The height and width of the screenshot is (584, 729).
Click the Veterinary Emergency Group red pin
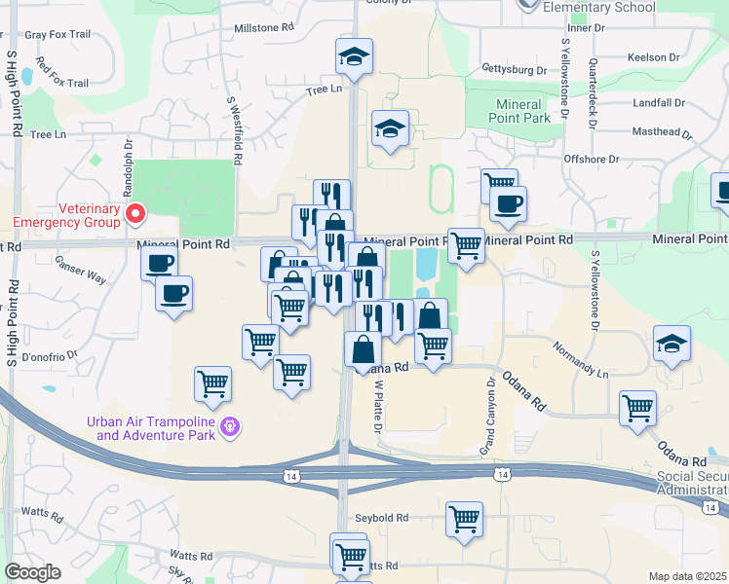(135, 212)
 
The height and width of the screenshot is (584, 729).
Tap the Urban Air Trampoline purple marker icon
(230, 424)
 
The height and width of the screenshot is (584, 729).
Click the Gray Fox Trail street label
(58, 34)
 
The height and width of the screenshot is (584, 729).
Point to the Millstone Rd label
(263, 29)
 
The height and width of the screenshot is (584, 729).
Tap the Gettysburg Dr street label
(514, 70)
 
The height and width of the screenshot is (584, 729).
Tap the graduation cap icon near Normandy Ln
(671, 346)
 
